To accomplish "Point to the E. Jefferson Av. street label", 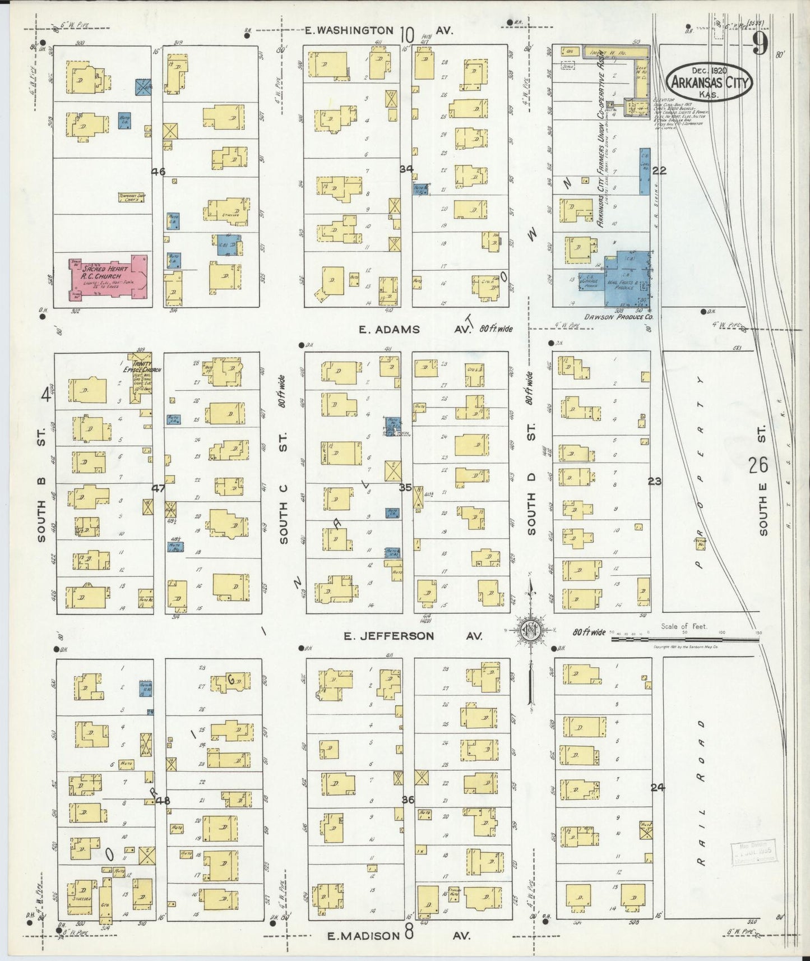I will tap(413, 636).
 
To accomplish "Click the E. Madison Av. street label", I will tap(398, 935).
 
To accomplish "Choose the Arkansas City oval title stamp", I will tap(710, 84).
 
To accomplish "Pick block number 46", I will tap(158, 172).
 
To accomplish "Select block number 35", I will tap(405, 487).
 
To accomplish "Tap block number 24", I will tap(658, 787).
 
